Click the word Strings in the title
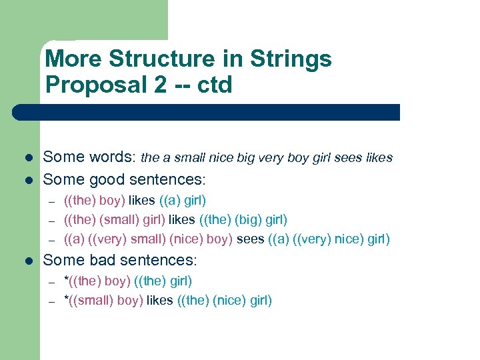291,59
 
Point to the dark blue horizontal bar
220,112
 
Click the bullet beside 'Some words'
29,159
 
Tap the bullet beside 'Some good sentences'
29,179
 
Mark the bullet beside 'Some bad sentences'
29,260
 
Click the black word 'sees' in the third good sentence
250,239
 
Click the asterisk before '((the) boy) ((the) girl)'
66,280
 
